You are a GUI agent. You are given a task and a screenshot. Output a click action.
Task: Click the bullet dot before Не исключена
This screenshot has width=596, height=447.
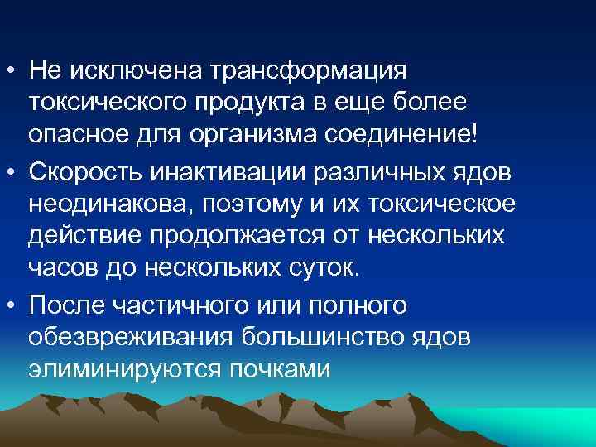[x=13, y=70]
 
